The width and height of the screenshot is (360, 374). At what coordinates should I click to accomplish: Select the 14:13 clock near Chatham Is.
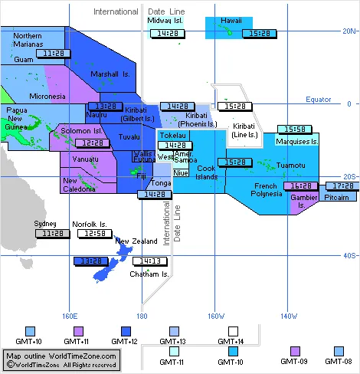[x=146, y=261]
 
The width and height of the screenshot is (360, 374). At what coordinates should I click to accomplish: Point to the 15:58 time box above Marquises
[x=293, y=129]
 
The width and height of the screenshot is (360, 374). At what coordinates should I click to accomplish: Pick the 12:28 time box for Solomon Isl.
[x=93, y=143]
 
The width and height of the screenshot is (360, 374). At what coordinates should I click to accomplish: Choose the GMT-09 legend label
[x=294, y=361]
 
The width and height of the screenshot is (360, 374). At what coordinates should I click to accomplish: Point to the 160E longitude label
[x=70, y=315]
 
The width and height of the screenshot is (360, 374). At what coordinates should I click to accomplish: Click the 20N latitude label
[x=349, y=31]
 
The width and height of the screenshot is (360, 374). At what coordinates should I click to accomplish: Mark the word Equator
[x=318, y=100]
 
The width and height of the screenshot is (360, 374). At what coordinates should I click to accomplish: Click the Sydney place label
[x=45, y=224]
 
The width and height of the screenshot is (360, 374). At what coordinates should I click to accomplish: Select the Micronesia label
[x=47, y=97]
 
